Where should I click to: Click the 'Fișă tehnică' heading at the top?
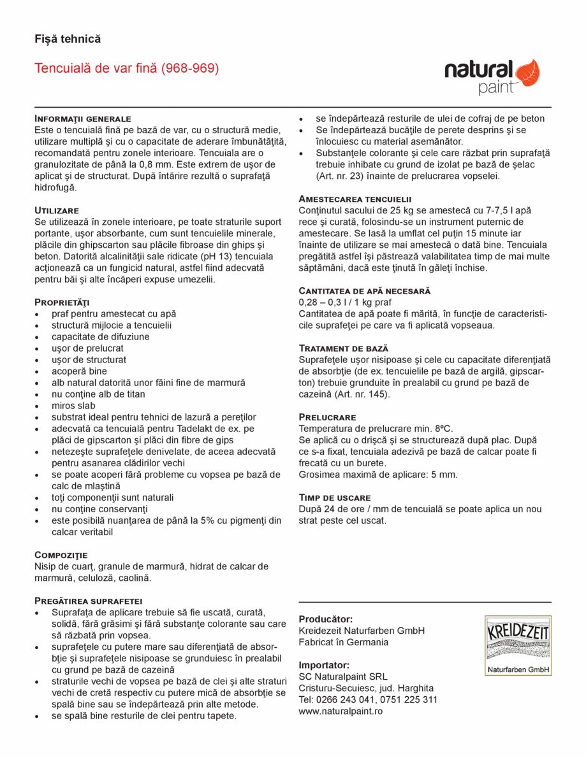[68, 39]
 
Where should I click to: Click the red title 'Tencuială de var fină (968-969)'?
[127, 68]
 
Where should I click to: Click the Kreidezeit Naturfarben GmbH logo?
[518, 645]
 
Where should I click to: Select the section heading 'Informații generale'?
[83, 118]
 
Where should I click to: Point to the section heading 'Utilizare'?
[57, 210]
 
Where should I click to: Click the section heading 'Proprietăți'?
[62, 302]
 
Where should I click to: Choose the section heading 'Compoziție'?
[61, 555]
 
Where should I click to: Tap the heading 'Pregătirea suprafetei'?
[88, 601]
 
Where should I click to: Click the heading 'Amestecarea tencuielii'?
[355, 199]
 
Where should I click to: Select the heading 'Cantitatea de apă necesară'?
[365, 290]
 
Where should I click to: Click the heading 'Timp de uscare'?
[335, 497]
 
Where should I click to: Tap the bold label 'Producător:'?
[326, 619]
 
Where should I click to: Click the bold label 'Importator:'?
[324, 665]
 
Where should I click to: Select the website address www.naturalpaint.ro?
[341, 711]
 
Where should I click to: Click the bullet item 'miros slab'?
[73, 406]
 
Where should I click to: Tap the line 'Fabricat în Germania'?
[343, 642]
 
